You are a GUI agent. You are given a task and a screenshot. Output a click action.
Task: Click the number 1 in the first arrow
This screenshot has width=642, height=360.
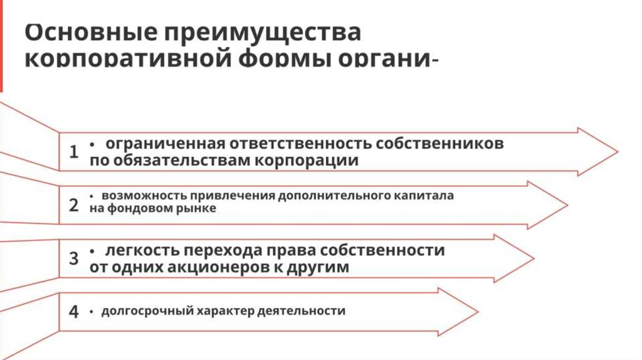74,152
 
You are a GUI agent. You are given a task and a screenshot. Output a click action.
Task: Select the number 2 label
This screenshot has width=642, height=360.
74,205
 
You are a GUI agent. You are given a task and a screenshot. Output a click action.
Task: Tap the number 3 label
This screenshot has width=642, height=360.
74,258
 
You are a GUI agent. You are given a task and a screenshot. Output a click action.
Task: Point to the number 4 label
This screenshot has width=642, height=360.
74,312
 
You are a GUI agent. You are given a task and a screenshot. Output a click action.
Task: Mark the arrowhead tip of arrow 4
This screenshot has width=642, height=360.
478,312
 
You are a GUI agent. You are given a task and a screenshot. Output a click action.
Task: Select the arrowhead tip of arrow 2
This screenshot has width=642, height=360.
567,205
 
